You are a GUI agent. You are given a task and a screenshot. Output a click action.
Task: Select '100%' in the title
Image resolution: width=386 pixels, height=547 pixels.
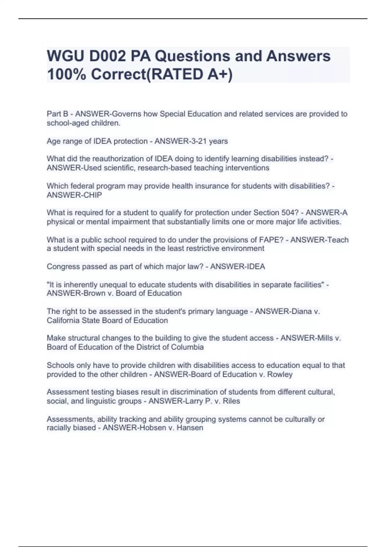(x=66, y=74)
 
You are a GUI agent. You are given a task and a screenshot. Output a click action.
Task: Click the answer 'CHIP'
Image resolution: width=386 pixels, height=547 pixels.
(x=93, y=195)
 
